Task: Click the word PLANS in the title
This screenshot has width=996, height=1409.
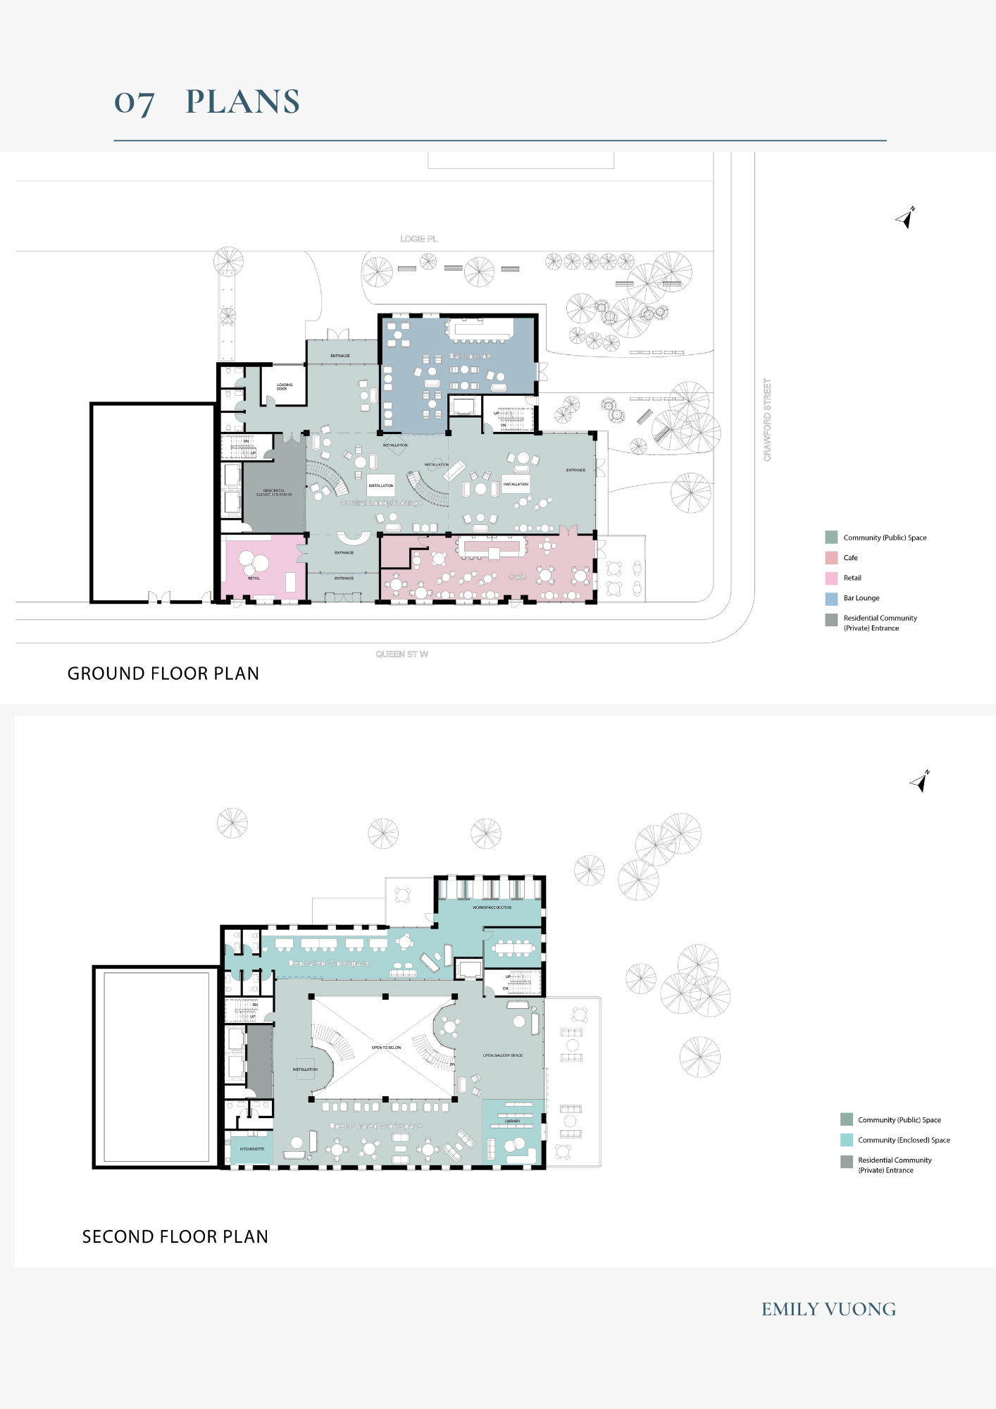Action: (x=242, y=102)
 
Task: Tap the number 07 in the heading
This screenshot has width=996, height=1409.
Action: (x=134, y=103)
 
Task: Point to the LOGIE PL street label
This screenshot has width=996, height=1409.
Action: (x=418, y=239)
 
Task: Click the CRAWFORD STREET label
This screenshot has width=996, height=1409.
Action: (x=767, y=420)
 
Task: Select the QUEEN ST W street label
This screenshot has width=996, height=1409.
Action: (x=401, y=654)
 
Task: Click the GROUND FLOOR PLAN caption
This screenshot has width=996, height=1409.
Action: (x=163, y=674)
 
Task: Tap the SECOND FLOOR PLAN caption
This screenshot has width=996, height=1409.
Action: (x=175, y=1236)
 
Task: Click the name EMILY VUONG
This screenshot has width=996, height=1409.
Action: (x=828, y=1309)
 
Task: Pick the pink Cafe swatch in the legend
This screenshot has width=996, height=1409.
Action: (x=831, y=558)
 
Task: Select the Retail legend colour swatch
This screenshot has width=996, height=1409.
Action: (x=831, y=578)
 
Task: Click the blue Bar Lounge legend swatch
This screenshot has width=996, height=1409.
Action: (x=831, y=599)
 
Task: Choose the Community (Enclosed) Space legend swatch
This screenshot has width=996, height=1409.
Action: (x=847, y=1140)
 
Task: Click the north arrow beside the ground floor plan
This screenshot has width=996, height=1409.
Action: (x=906, y=218)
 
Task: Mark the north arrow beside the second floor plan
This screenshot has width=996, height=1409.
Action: (x=921, y=781)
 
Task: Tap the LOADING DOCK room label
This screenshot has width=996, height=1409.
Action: (x=284, y=387)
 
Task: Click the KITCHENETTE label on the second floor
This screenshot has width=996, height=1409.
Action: (x=252, y=1149)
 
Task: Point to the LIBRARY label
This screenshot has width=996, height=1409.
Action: (x=512, y=1121)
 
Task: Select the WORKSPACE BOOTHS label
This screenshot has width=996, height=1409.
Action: (x=492, y=907)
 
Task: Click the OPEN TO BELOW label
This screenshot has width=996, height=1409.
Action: (x=386, y=1048)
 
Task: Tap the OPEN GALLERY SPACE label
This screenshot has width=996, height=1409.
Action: (x=502, y=1055)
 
